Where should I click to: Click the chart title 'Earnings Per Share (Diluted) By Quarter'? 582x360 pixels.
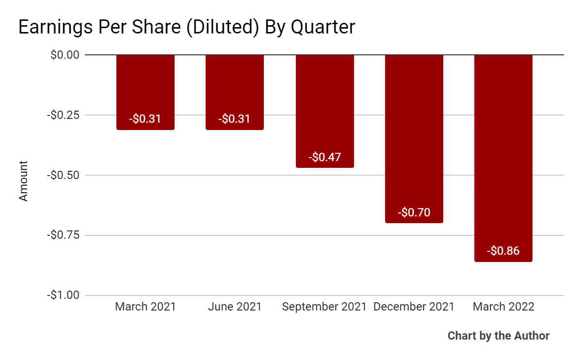(187, 27)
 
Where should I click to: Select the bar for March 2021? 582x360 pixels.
(145, 92)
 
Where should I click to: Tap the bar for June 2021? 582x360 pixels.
(235, 92)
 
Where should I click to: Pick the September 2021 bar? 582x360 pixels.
(324, 111)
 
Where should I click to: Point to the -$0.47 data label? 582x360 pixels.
(324, 157)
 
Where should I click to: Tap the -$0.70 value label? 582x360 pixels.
(414, 213)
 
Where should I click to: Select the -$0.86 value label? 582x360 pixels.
(503, 251)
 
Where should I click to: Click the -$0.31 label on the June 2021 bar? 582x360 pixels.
(235, 119)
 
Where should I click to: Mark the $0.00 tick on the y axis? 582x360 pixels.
(65, 55)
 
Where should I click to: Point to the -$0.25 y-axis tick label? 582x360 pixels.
(63, 115)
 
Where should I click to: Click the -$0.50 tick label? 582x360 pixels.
(63, 175)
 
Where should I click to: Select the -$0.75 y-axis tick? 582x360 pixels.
(63, 235)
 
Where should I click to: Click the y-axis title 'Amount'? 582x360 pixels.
(23, 180)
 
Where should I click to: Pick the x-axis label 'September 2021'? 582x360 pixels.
(324, 307)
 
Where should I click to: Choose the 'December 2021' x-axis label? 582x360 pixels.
(414, 307)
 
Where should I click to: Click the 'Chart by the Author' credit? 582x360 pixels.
(498, 336)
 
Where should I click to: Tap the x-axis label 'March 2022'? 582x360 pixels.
(503, 307)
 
